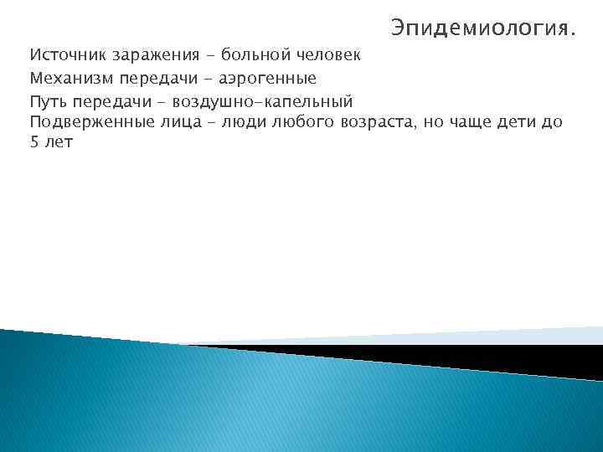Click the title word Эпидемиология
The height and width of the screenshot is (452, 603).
tap(482, 30)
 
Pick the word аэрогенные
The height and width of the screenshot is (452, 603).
tap(268, 79)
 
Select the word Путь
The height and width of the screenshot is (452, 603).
tap(48, 101)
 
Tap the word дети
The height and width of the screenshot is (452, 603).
tap(521, 123)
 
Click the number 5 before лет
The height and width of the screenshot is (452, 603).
tap(34, 143)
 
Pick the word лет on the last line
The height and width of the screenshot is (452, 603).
tap(59, 143)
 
